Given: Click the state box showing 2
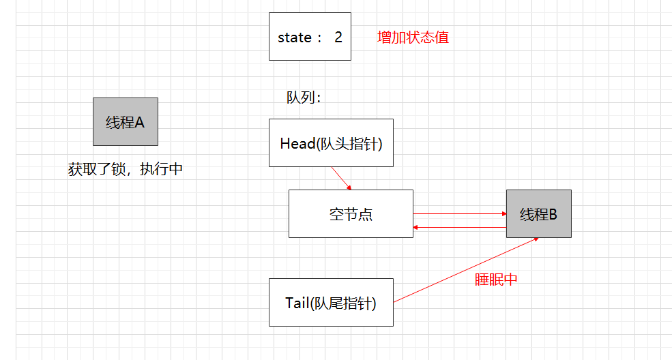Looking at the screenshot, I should pyautogui.click(x=310, y=36).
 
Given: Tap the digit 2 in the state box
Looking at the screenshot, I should pyautogui.click(x=338, y=37).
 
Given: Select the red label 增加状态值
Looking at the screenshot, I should pyautogui.click(x=413, y=37).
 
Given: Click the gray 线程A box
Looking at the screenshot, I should pyautogui.click(x=126, y=121).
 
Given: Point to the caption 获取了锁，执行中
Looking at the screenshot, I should pyautogui.click(x=126, y=169).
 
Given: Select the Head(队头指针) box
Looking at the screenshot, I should pyautogui.click(x=331, y=143).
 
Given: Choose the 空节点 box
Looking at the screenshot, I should pyautogui.click(x=351, y=213).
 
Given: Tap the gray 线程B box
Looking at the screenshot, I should pyautogui.click(x=538, y=213).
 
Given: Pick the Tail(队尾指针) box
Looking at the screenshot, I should pyautogui.click(x=331, y=303).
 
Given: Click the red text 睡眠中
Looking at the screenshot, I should pyautogui.click(x=496, y=280).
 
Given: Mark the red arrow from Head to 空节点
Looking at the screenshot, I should pyautogui.click(x=341, y=179).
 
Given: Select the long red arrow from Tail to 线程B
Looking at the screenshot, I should pyautogui.click(x=464, y=270).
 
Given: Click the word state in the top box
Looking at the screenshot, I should pyautogui.click(x=294, y=37).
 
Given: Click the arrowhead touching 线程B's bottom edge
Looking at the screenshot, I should pyautogui.click(x=536, y=239).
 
